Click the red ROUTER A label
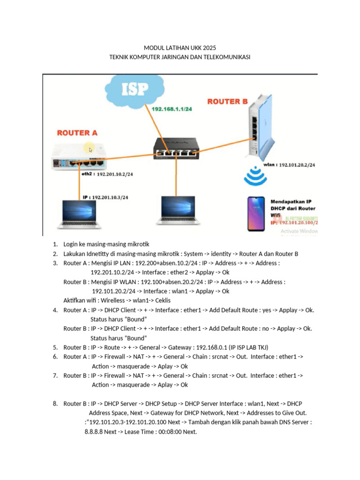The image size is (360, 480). (77, 133)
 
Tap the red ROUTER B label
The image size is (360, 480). (227, 101)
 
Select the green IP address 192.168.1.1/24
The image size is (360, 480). (172, 109)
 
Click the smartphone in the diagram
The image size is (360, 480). (253, 213)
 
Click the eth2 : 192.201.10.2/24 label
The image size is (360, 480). (107, 174)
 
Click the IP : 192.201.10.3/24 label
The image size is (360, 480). (105, 197)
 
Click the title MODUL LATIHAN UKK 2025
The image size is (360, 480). (180, 48)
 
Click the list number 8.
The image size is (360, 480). (55, 404)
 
